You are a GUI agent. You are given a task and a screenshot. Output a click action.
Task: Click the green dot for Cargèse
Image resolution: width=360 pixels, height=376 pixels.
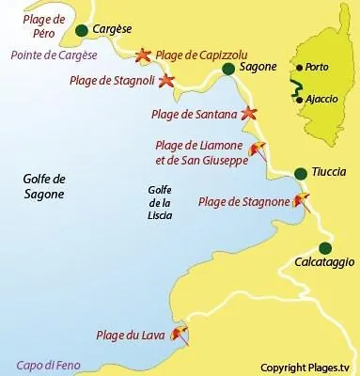pyautogui.click(x=82, y=31)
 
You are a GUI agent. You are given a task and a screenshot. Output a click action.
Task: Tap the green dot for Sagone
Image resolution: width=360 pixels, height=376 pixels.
pyautogui.click(x=228, y=69)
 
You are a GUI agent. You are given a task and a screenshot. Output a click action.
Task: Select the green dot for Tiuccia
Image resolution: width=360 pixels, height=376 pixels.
pyautogui.click(x=300, y=173)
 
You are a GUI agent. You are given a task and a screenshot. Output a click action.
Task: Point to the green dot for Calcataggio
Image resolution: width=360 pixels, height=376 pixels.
pyautogui.click(x=325, y=248)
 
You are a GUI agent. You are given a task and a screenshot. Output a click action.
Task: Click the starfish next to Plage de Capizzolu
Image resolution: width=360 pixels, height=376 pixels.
pyautogui.click(x=143, y=55)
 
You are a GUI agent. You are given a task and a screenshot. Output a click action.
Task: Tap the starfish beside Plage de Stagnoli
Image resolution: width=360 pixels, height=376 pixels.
pyautogui.click(x=167, y=81)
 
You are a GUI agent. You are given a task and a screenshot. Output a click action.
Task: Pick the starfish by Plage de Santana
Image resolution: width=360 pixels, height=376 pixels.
pyautogui.click(x=248, y=114)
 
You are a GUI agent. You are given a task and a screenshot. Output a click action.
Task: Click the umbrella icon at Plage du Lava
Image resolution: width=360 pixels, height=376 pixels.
pyautogui.click(x=179, y=332)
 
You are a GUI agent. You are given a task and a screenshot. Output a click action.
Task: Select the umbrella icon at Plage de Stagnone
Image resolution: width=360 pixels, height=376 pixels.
pyautogui.click(x=301, y=199)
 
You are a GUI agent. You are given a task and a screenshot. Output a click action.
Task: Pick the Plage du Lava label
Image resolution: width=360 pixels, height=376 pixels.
pyautogui.click(x=131, y=335)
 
